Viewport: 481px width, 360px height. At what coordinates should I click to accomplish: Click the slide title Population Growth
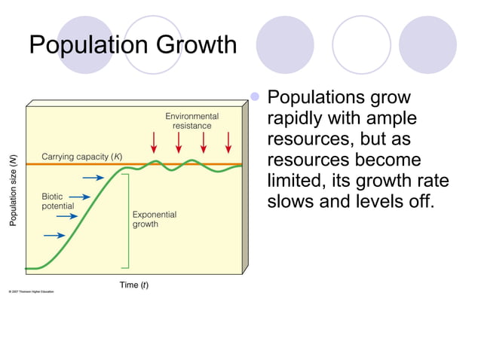coord(133,44)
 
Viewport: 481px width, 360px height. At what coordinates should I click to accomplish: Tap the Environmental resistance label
coord(192,121)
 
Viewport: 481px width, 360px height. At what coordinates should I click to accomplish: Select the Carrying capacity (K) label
coord(81,157)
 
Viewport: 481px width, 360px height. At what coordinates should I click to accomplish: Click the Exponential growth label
coord(155,219)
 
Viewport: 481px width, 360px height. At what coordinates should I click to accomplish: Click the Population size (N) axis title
coord(13,190)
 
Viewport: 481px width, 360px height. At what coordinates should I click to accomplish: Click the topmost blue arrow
coord(93,178)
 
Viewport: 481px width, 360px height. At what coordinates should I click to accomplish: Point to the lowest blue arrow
coord(54,235)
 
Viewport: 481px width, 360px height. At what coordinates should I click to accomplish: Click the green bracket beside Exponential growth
coord(127,220)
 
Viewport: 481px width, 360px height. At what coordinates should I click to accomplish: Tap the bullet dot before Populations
coord(255,97)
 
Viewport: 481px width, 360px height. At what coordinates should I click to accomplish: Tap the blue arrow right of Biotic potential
coord(81,197)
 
